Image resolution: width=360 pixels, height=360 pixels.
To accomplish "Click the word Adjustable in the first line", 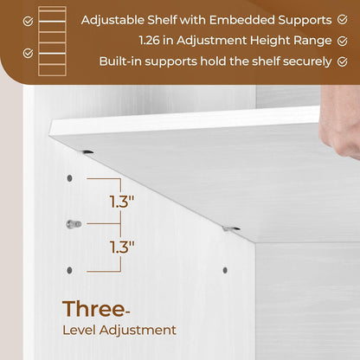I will (114, 19).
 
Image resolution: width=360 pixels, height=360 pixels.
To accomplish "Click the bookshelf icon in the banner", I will (52, 34).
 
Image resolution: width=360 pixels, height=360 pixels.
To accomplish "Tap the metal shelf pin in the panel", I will (74, 224).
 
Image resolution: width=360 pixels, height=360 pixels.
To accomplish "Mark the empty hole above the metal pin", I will (70, 179).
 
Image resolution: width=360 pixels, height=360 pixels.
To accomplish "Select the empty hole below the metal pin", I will (70, 270).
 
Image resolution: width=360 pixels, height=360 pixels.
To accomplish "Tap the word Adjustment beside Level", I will (140, 330).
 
